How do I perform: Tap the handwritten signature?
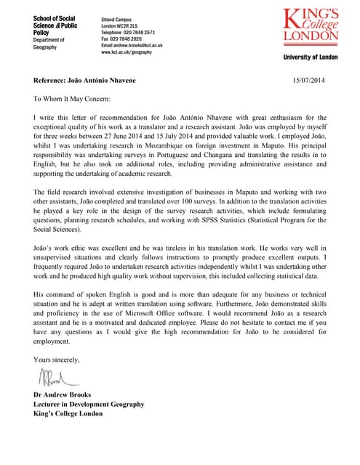click(x=56, y=378)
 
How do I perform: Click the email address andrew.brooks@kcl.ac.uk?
click(x=132, y=46)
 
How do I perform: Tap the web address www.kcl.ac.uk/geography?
click(x=127, y=52)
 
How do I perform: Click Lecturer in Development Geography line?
click(x=89, y=404)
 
